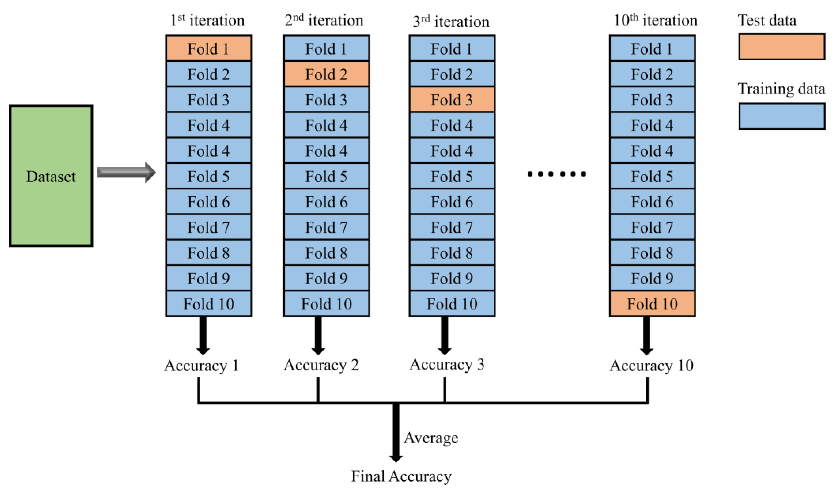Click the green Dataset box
pos(51,176)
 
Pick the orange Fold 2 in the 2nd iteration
pos(326,74)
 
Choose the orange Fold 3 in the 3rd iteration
pos(452,99)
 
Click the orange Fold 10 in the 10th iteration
pos(652,304)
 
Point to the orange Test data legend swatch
pos(782,47)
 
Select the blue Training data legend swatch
pos(782,116)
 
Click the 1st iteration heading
pos(207,20)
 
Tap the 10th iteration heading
pos(655,20)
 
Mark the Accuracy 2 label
pos(321,365)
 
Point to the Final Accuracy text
pos(401,476)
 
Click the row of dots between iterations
pos(556,174)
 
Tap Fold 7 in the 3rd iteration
pos(452,227)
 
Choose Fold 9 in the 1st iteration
pos(209,278)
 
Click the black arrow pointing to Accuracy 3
pos(444,335)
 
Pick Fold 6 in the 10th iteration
pos(652,202)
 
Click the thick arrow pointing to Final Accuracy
pos(396,433)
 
